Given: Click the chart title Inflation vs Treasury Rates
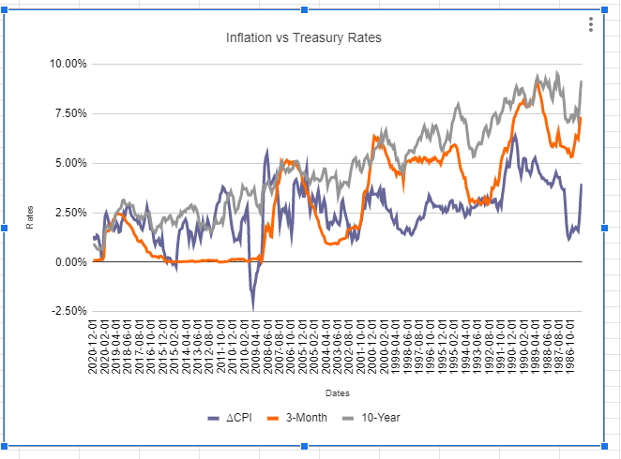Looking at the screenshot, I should [x=304, y=37].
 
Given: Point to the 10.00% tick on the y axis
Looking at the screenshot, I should [x=64, y=64].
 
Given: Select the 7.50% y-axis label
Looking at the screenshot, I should [x=67, y=113].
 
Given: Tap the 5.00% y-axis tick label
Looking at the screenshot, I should [x=67, y=163].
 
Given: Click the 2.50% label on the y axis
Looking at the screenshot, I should [x=67, y=213].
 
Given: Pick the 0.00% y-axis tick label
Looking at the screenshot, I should [x=67, y=262].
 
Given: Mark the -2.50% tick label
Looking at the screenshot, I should [x=65, y=311].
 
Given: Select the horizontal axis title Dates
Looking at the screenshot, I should [x=338, y=392].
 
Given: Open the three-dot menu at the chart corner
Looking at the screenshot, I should [x=590, y=24].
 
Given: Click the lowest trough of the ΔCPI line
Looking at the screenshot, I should [x=252, y=306].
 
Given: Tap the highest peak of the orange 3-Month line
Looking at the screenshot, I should [x=538, y=83].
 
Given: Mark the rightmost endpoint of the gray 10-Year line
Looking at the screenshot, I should [x=582, y=81].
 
